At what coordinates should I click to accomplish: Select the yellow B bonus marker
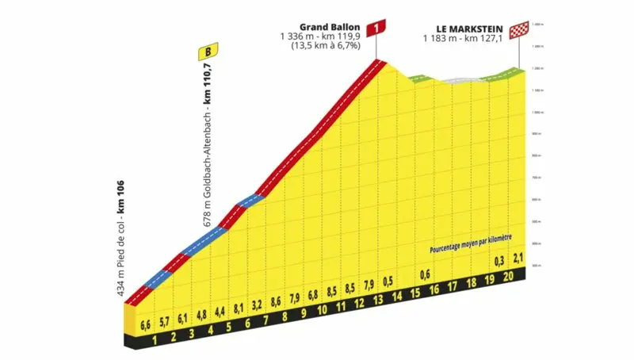pos(208,53)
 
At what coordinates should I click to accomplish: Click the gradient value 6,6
pos(145,325)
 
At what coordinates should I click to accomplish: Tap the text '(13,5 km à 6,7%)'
pos(327,45)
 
